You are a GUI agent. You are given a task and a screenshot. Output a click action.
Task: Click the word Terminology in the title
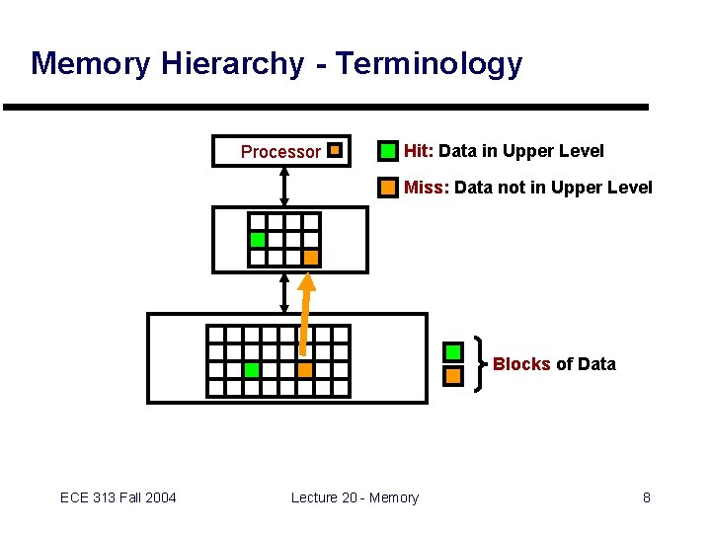click(429, 64)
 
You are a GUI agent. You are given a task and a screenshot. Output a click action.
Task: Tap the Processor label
click(280, 152)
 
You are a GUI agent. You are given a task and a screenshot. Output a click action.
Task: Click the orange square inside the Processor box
click(335, 151)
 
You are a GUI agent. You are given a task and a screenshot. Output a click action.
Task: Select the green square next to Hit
click(389, 151)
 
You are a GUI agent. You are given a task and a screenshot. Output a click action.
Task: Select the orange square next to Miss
click(389, 187)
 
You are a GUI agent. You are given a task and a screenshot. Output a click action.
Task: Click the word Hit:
click(419, 151)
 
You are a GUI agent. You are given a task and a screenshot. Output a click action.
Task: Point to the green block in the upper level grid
click(258, 239)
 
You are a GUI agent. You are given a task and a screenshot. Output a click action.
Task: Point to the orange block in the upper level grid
click(310, 258)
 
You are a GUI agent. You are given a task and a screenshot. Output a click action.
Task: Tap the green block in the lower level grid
click(251, 370)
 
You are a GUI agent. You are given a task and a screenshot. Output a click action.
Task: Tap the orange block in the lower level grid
click(304, 370)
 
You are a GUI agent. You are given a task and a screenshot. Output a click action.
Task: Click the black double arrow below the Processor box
click(284, 186)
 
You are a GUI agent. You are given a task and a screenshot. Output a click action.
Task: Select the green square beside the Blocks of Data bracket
click(453, 352)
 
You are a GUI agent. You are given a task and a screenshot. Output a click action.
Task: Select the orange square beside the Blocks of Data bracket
click(453, 376)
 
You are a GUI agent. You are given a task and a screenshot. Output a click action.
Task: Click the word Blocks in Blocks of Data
click(521, 364)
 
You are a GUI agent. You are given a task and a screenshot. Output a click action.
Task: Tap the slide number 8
click(646, 497)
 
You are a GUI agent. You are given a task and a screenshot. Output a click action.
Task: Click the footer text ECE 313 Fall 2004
click(118, 497)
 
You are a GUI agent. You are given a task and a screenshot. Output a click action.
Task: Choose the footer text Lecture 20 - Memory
click(355, 497)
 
